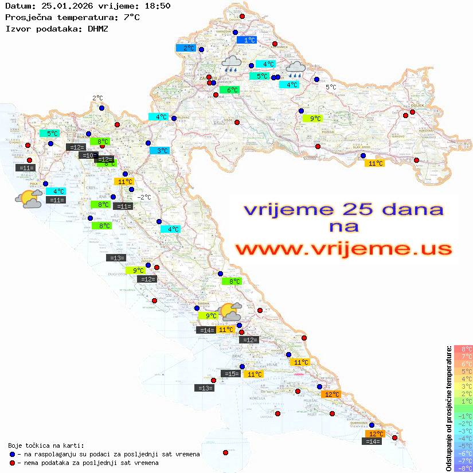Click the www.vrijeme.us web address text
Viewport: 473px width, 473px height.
click(x=343, y=249)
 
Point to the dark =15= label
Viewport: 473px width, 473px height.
click(x=231, y=374)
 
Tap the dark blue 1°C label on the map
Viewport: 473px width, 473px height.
click(x=247, y=40)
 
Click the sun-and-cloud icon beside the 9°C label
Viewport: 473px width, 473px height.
click(x=231, y=312)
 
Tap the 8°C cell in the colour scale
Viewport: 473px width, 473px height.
click(x=463, y=349)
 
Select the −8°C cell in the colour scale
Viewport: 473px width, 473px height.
click(x=463, y=468)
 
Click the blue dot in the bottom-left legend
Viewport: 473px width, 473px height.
click(x=12, y=454)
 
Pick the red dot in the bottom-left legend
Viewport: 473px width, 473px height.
click(x=12, y=463)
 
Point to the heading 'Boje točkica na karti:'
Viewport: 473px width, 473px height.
click(x=46, y=445)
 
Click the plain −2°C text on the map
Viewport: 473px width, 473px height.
click(x=144, y=197)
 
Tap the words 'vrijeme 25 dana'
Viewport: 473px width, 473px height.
click(x=343, y=209)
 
